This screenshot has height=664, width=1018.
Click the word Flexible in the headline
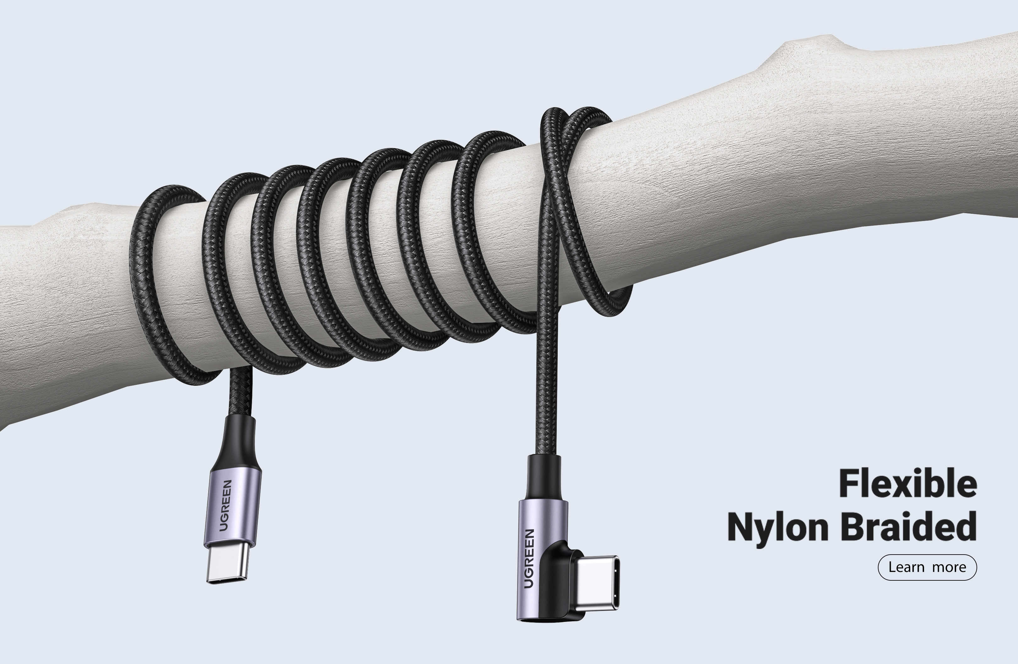908,483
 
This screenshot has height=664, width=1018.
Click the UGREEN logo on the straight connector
226,506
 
